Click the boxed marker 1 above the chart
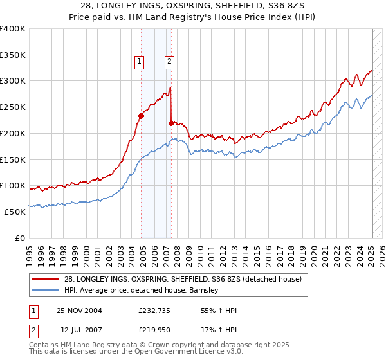click(x=139, y=62)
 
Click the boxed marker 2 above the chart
click(x=169, y=62)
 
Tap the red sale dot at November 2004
click(x=142, y=116)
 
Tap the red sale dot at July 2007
click(x=171, y=123)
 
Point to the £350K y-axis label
click(x=12, y=55)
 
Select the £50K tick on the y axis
click(x=14, y=212)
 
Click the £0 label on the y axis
click(x=19, y=238)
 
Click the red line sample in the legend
click(x=46, y=278)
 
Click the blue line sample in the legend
click(x=46, y=290)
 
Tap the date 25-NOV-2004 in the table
click(x=79, y=310)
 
